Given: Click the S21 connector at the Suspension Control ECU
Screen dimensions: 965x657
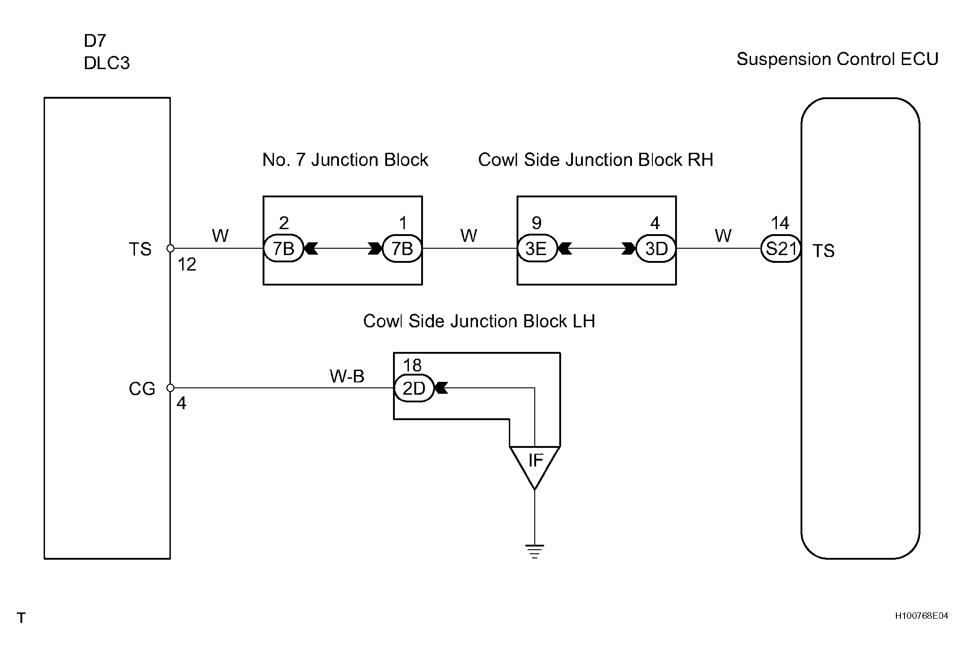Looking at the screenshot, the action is click(781, 249).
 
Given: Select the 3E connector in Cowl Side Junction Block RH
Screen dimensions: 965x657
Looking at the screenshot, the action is click(537, 249).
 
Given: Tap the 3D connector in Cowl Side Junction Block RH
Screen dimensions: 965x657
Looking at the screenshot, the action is click(656, 249).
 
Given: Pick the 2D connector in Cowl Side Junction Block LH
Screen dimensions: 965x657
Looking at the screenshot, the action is click(414, 388).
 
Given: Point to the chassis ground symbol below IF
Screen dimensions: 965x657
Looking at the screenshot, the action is click(535, 551).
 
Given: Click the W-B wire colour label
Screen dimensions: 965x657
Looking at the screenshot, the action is click(347, 376).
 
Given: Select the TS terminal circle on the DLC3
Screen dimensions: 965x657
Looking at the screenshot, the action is click(170, 248).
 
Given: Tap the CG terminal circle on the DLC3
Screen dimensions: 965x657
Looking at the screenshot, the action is click(170, 388).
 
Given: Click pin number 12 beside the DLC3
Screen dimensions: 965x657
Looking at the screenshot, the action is click(187, 265).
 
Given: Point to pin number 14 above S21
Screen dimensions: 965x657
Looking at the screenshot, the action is click(780, 223).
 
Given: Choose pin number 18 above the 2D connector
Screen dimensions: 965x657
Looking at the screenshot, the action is click(413, 365).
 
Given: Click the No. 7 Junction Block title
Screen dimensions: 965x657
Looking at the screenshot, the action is click(345, 160).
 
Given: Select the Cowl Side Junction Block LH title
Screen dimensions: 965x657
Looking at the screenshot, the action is click(479, 321).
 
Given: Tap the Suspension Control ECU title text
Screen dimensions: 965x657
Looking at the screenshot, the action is click(837, 60).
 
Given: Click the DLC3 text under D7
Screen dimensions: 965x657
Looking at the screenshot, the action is click(107, 63).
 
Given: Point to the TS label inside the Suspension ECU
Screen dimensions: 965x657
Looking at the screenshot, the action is click(823, 251).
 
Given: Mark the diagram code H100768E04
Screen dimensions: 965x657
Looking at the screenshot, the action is click(921, 616).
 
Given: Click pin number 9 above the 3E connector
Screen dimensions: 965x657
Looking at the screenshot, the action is click(537, 223).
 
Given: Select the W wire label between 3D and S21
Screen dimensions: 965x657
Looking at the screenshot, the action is click(723, 236).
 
